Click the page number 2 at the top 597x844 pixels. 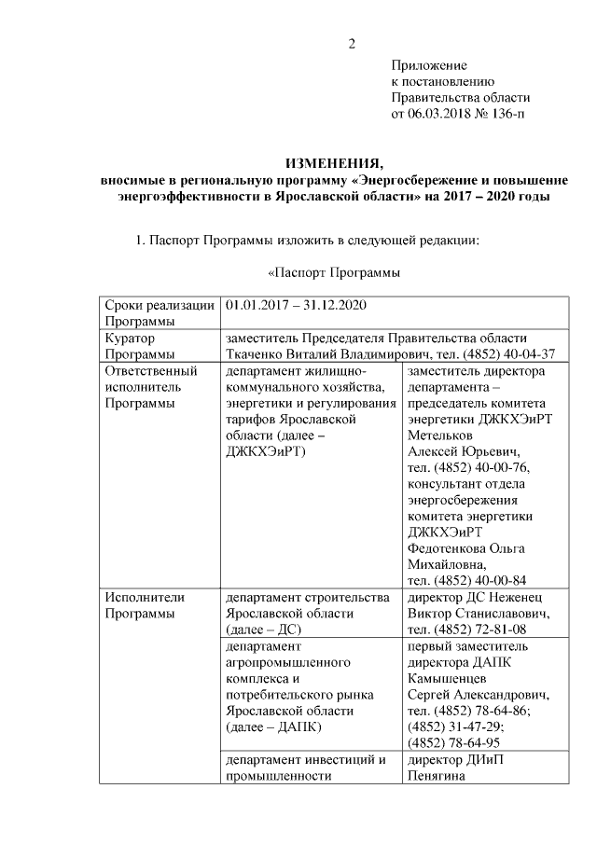pyautogui.click(x=353, y=44)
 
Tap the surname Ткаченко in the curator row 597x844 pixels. pyautogui.click(x=257, y=354)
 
